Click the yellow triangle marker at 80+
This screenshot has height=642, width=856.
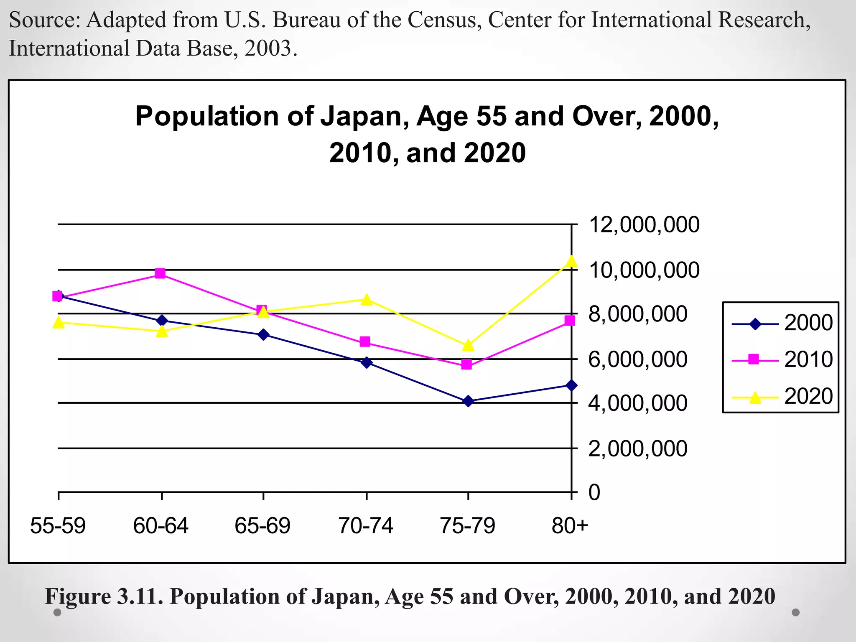[x=572, y=262]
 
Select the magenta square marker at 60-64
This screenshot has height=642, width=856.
[x=160, y=274]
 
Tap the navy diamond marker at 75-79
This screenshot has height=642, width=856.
[x=468, y=401]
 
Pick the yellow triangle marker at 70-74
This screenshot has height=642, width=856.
[x=367, y=300]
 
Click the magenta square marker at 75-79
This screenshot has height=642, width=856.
[x=467, y=364]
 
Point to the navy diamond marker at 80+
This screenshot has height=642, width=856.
[x=572, y=385]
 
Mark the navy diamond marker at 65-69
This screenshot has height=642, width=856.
[x=263, y=334]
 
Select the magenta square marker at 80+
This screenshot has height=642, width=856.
[x=570, y=321]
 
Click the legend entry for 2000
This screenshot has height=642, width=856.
[x=782, y=323]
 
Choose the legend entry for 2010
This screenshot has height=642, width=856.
[x=782, y=359]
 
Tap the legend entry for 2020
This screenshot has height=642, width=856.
[x=782, y=396]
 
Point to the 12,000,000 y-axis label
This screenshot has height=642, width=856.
[x=644, y=225]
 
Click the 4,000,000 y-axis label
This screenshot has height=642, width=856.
[x=638, y=404]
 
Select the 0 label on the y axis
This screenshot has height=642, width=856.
[x=594, y=492]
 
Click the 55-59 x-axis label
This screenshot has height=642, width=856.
[x=58, y=526]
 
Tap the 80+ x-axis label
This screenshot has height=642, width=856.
[x=570, y=526]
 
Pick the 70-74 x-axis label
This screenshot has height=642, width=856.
[x=366, y=526]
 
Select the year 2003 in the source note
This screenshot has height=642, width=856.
[x=267, y=48]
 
